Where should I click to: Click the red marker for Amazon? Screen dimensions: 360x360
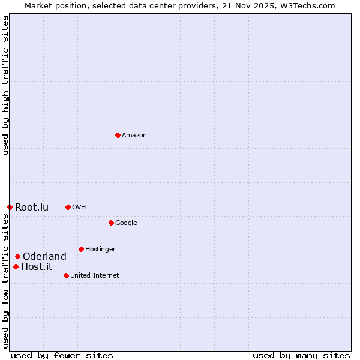click(x=118, y=135)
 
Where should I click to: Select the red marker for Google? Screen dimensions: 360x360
click(x=111, y=223)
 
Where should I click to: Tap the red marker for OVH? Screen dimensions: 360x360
click(x=68, y=207)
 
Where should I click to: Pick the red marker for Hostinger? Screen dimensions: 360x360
click(x=81, y=249)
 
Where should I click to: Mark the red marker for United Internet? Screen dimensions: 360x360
click(x=66, y=275)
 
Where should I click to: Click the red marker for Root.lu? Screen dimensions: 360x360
click(x=10, y=207)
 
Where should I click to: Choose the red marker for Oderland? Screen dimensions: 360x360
click(x=17, y=256)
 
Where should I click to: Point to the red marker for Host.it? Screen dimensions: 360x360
click(x=16, y=266)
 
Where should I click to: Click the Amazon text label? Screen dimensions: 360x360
click(x=134, y=136)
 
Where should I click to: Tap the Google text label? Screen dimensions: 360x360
click(x=126, y=223)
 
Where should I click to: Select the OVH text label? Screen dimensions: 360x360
click(x=79, y=208)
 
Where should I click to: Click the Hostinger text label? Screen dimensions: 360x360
click(x=100, y=250)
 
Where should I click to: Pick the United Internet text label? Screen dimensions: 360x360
click(x=95, y=276)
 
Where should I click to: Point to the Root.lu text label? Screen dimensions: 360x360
click(x=32, y=208)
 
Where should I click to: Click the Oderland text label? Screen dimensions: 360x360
click(x=44, y=257)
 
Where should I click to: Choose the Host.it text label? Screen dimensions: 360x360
click(x=36, y=267)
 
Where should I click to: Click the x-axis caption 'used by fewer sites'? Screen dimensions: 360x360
click(x=62, y=355)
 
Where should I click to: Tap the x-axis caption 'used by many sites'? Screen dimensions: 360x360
click(x=301, y=355)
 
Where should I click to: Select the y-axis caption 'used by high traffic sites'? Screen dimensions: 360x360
click(x=5, y=85)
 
